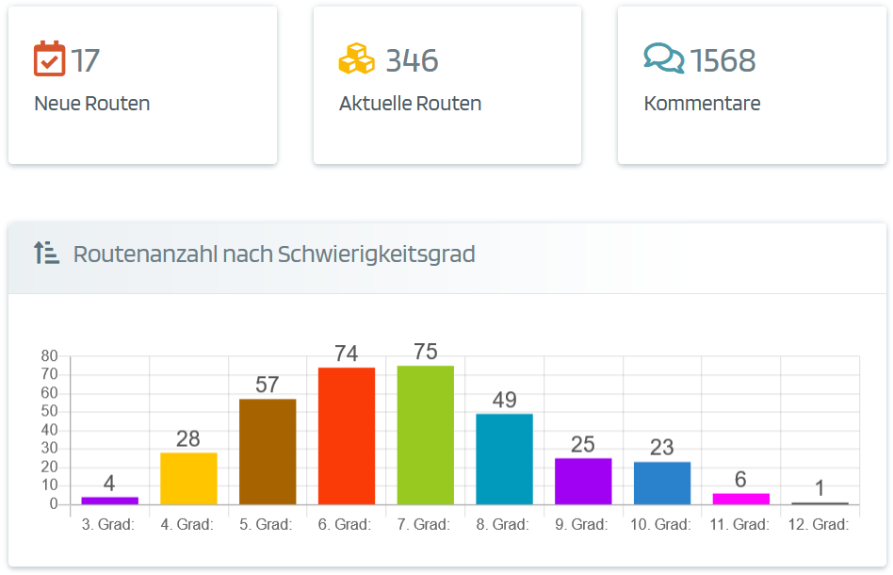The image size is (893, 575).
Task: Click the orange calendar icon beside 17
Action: point(49,58)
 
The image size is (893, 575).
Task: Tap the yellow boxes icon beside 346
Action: point(356,58)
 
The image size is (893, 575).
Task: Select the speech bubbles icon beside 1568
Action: point(663,58)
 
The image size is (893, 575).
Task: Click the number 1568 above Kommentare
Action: point(723,60)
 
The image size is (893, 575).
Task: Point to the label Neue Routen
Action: point(91,104)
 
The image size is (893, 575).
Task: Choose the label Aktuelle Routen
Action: point(410,104)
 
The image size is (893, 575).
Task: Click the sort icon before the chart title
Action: point(46,253)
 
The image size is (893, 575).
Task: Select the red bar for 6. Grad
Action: point(347,435)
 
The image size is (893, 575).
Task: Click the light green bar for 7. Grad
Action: point(426,435)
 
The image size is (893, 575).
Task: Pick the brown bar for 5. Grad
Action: point(268,452)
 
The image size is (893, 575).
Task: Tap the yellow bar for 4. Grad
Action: point(188,478)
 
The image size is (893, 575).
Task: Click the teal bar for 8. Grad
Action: point(504,459)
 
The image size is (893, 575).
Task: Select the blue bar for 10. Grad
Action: point(662,483)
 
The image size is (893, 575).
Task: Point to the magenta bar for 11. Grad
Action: point(740,499)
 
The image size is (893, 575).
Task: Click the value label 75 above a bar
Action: point(426,352)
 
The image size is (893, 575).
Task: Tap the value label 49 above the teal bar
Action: point(504,400)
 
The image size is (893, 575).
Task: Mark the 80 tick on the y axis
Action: point(50,356)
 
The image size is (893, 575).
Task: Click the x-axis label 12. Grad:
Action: point(820,525)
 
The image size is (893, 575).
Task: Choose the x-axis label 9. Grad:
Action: point(583,525)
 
